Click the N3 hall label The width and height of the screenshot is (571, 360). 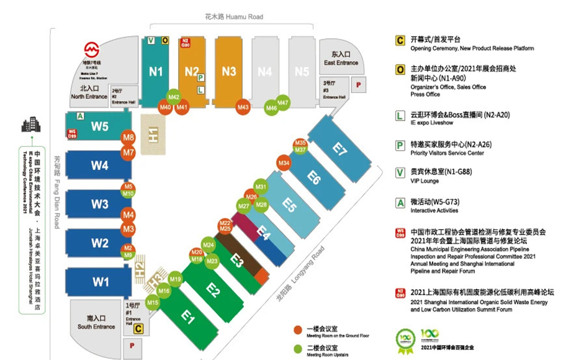coord(229,71)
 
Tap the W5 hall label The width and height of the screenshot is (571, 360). coord(100,127)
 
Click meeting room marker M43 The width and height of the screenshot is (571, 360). coord(243,107)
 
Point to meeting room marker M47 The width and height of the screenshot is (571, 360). coord(283,103)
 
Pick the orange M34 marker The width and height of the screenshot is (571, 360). coord(284,163)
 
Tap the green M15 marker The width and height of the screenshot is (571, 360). coord(152,302)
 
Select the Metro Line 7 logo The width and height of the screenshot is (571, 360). coord(92,48)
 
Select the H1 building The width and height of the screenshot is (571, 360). coord(152,133)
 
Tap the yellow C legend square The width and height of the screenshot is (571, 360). coord(400,40)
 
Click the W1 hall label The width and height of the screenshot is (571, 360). coord(101,282)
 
